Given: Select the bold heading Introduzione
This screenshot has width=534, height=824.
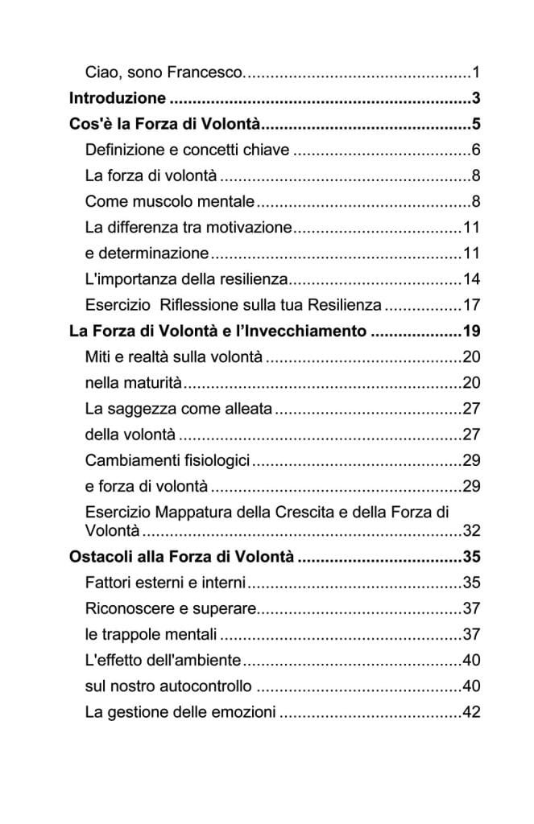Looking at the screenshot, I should tap(118, 99).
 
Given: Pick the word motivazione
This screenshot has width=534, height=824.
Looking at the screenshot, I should tap(250, 227).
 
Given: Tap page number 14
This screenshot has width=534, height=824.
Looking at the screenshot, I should tap(471, 279).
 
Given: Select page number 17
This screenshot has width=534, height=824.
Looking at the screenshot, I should tap(471, 305).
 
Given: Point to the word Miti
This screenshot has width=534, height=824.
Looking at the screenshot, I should tap(98, 356).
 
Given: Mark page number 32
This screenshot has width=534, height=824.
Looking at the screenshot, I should tap(471, 530).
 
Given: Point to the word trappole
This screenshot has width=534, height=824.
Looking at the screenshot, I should tap(130, 634).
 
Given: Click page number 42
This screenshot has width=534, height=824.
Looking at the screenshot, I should tap(471, 711).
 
